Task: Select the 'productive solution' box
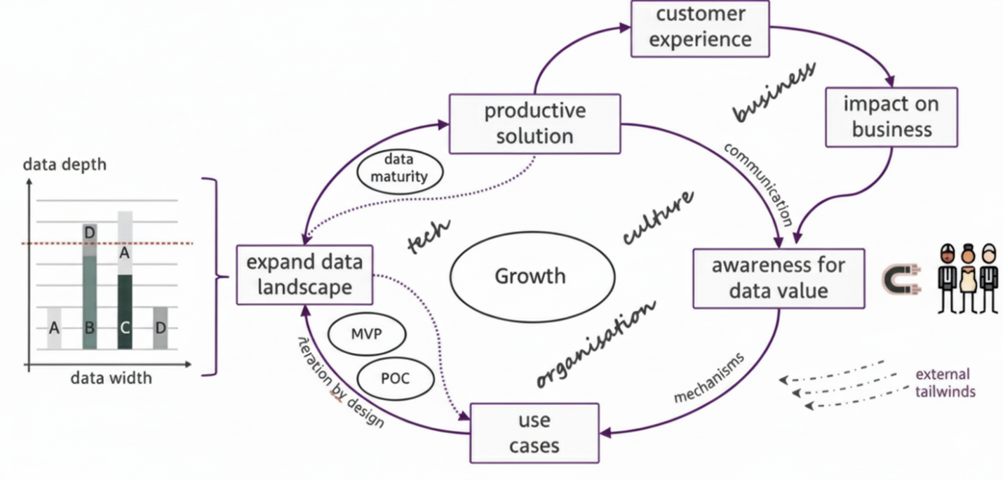tap(534, 123)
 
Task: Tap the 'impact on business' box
tap(891, 116)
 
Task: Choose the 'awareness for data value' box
tap(779, 278)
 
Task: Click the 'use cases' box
tap(534, 433)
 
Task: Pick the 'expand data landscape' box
tap(304, 274)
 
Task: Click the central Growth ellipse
tap(530, 276)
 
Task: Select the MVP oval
tap(366, 333)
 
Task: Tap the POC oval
tap(395, 378)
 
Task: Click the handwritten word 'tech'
tap(429, 237)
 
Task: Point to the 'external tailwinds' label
tap(945, 383)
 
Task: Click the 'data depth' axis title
tap(65, 165)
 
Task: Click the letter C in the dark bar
tap(125, 327)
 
